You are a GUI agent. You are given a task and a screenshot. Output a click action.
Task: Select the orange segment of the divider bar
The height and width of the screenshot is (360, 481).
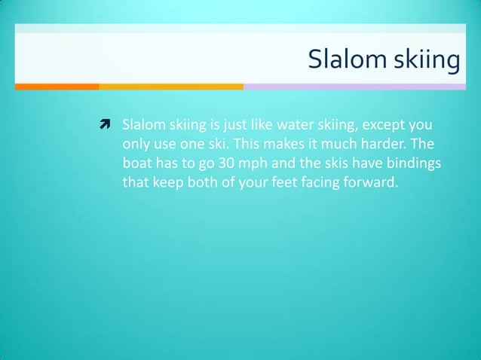click(57, 87)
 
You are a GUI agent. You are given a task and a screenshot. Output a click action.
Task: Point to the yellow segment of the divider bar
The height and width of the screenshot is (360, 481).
click(171, 87)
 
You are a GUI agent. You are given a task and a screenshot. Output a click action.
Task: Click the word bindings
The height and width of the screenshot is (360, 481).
click(413, 163)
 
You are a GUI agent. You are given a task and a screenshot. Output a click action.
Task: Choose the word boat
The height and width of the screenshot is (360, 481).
click(137, 163)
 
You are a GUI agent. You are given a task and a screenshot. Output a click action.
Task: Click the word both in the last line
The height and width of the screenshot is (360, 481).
click(198, 182)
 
